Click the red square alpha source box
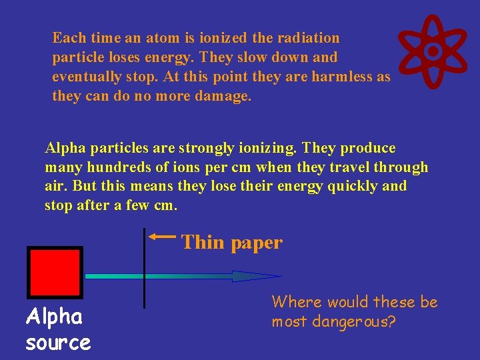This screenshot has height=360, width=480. tap(55, 272)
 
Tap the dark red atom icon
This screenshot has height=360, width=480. tap(433, 51)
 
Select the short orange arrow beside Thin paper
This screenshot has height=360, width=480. tap(162, 236)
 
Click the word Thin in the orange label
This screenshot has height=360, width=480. tap(203, 242)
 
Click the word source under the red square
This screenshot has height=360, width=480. tap(58, 343)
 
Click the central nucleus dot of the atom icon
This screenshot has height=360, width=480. tap(433, 51)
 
